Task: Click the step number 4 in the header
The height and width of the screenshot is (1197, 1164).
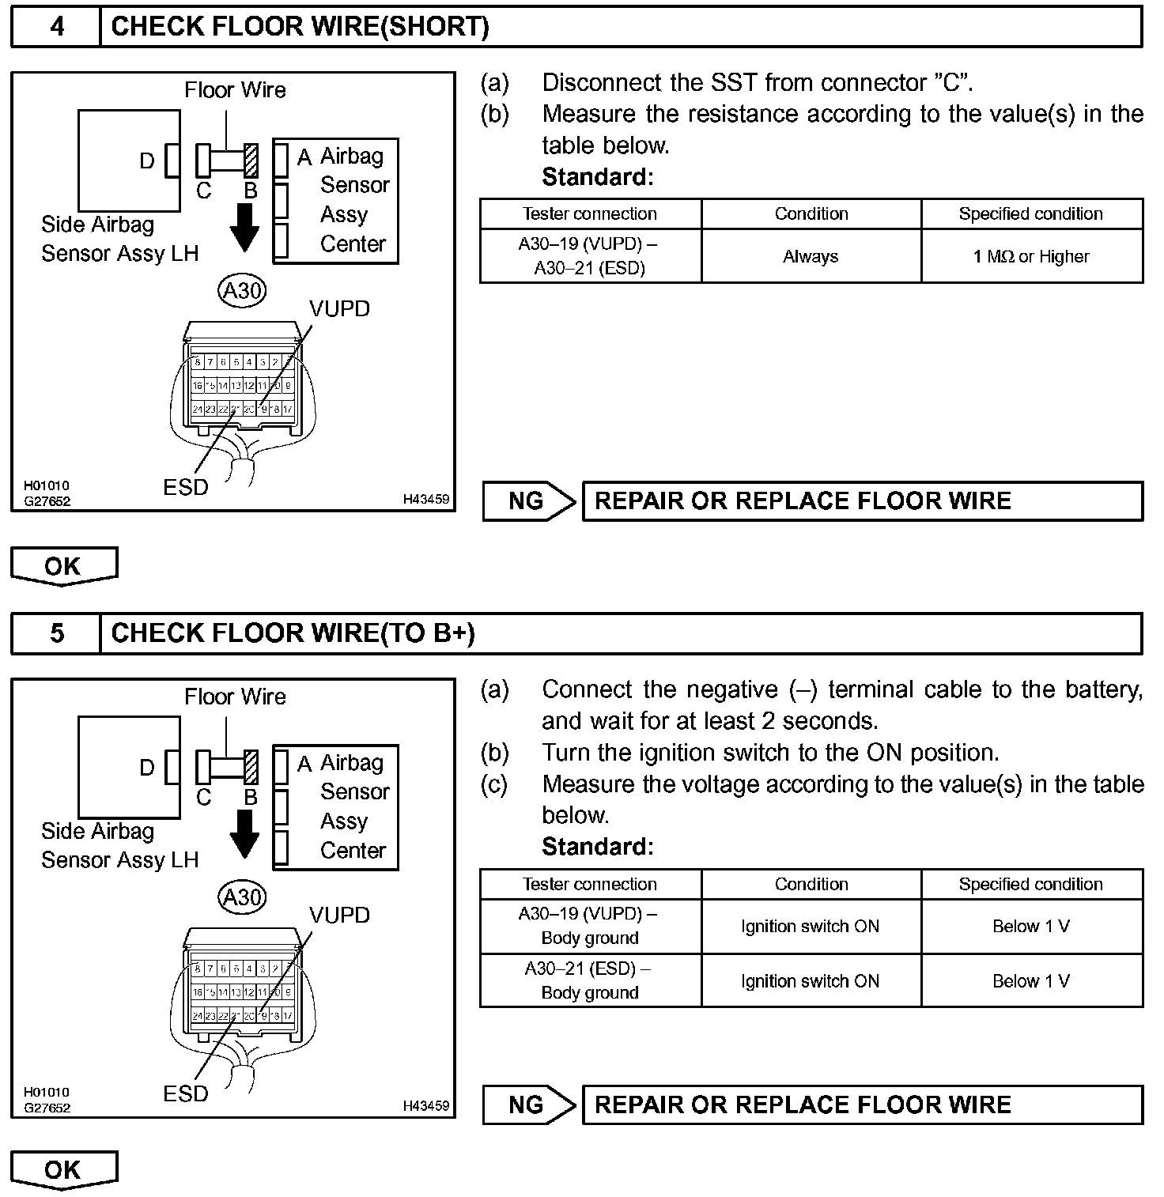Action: (57, 27)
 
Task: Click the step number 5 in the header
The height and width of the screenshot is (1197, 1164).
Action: (57, 633)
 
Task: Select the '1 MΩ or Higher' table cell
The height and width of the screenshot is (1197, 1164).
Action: (1031, 256)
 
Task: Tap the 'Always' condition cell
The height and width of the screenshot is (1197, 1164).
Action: (811, 256)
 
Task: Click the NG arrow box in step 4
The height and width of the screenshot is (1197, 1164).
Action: (527, 501)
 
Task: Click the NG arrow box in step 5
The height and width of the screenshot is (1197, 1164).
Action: (527, 1104)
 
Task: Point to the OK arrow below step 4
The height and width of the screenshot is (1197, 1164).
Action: (63, 566)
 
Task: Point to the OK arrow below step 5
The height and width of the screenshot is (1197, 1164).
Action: (63, 1169)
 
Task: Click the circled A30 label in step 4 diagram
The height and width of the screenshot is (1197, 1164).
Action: (242, 291)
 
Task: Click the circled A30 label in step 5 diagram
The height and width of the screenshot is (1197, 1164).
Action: (242, 897)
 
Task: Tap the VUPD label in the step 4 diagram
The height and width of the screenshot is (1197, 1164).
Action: (339, 309)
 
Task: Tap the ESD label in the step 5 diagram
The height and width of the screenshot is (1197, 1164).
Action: (186, 1093)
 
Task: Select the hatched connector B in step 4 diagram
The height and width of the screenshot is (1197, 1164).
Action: (251, 160)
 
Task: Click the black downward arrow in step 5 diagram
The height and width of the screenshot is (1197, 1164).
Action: (244, 836)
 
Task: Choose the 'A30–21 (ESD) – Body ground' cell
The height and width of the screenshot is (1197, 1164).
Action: (590, 980)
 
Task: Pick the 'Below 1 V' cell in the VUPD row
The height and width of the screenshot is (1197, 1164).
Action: (1031, 926)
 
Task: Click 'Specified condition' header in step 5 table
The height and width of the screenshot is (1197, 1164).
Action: (1031, 884)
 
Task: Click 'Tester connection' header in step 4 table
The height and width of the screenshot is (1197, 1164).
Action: (590, 213)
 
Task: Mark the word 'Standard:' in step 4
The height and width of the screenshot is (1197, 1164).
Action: (598, 177)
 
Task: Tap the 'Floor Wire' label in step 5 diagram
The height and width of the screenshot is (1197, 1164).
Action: (235, 697)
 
